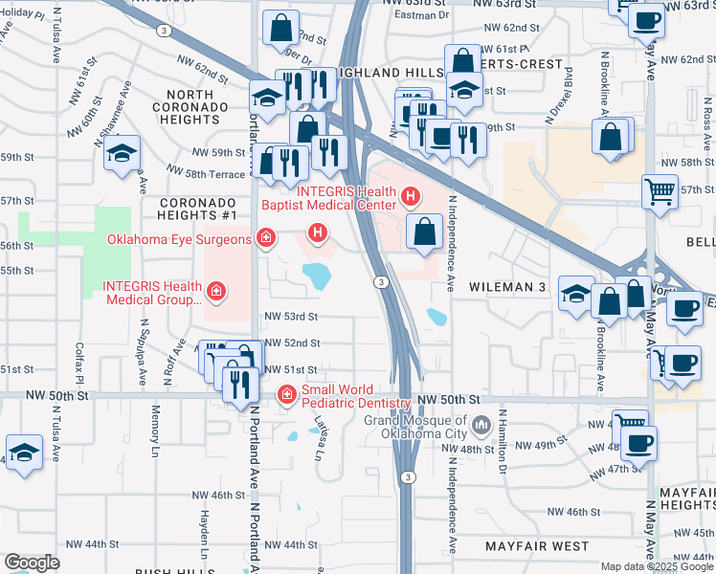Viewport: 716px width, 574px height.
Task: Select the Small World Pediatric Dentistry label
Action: coord(356,396)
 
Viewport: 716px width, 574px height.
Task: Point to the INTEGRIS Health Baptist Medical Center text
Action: coord(332,198)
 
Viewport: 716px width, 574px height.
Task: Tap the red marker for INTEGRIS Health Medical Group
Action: coord(217,292)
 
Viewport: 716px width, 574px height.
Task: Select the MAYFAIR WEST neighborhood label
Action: coord(536,545)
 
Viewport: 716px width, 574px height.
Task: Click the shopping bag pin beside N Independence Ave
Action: coord(423,231)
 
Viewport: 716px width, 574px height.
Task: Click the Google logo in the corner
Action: coord(32,563)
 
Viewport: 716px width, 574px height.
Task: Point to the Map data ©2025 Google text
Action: coord(656,566)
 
